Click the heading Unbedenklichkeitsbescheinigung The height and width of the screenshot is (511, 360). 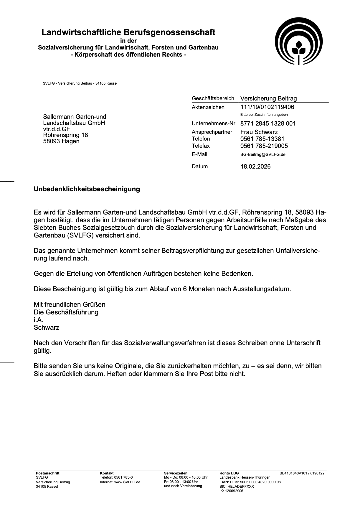(87, 189)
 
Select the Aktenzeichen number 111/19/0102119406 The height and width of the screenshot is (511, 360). (267, 107)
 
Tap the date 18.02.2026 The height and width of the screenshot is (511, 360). (255, 167)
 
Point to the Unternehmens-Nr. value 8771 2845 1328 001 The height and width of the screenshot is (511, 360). (268, 123)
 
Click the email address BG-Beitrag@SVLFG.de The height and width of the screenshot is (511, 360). (263, 154)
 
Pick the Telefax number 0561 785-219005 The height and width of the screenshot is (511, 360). (264, 146)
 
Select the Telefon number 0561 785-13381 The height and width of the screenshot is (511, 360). (262, 139)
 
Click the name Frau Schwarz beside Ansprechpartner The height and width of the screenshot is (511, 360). (259, 132)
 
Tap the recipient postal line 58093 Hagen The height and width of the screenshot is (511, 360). (61, 141)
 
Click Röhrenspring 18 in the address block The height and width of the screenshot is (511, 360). (65, 135)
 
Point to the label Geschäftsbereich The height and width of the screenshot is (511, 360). (213, 98)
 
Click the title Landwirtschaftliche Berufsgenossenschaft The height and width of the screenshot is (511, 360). (128, 32)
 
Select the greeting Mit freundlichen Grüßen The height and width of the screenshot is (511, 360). (70, 304)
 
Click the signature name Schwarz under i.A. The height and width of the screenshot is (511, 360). (47, 327)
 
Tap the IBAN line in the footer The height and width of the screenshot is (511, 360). (250, 482)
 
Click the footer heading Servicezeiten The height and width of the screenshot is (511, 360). (176, 473)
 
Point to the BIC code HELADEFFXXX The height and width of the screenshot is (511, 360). (237, 487)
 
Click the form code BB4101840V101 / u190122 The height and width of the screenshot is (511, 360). (302, 473)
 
